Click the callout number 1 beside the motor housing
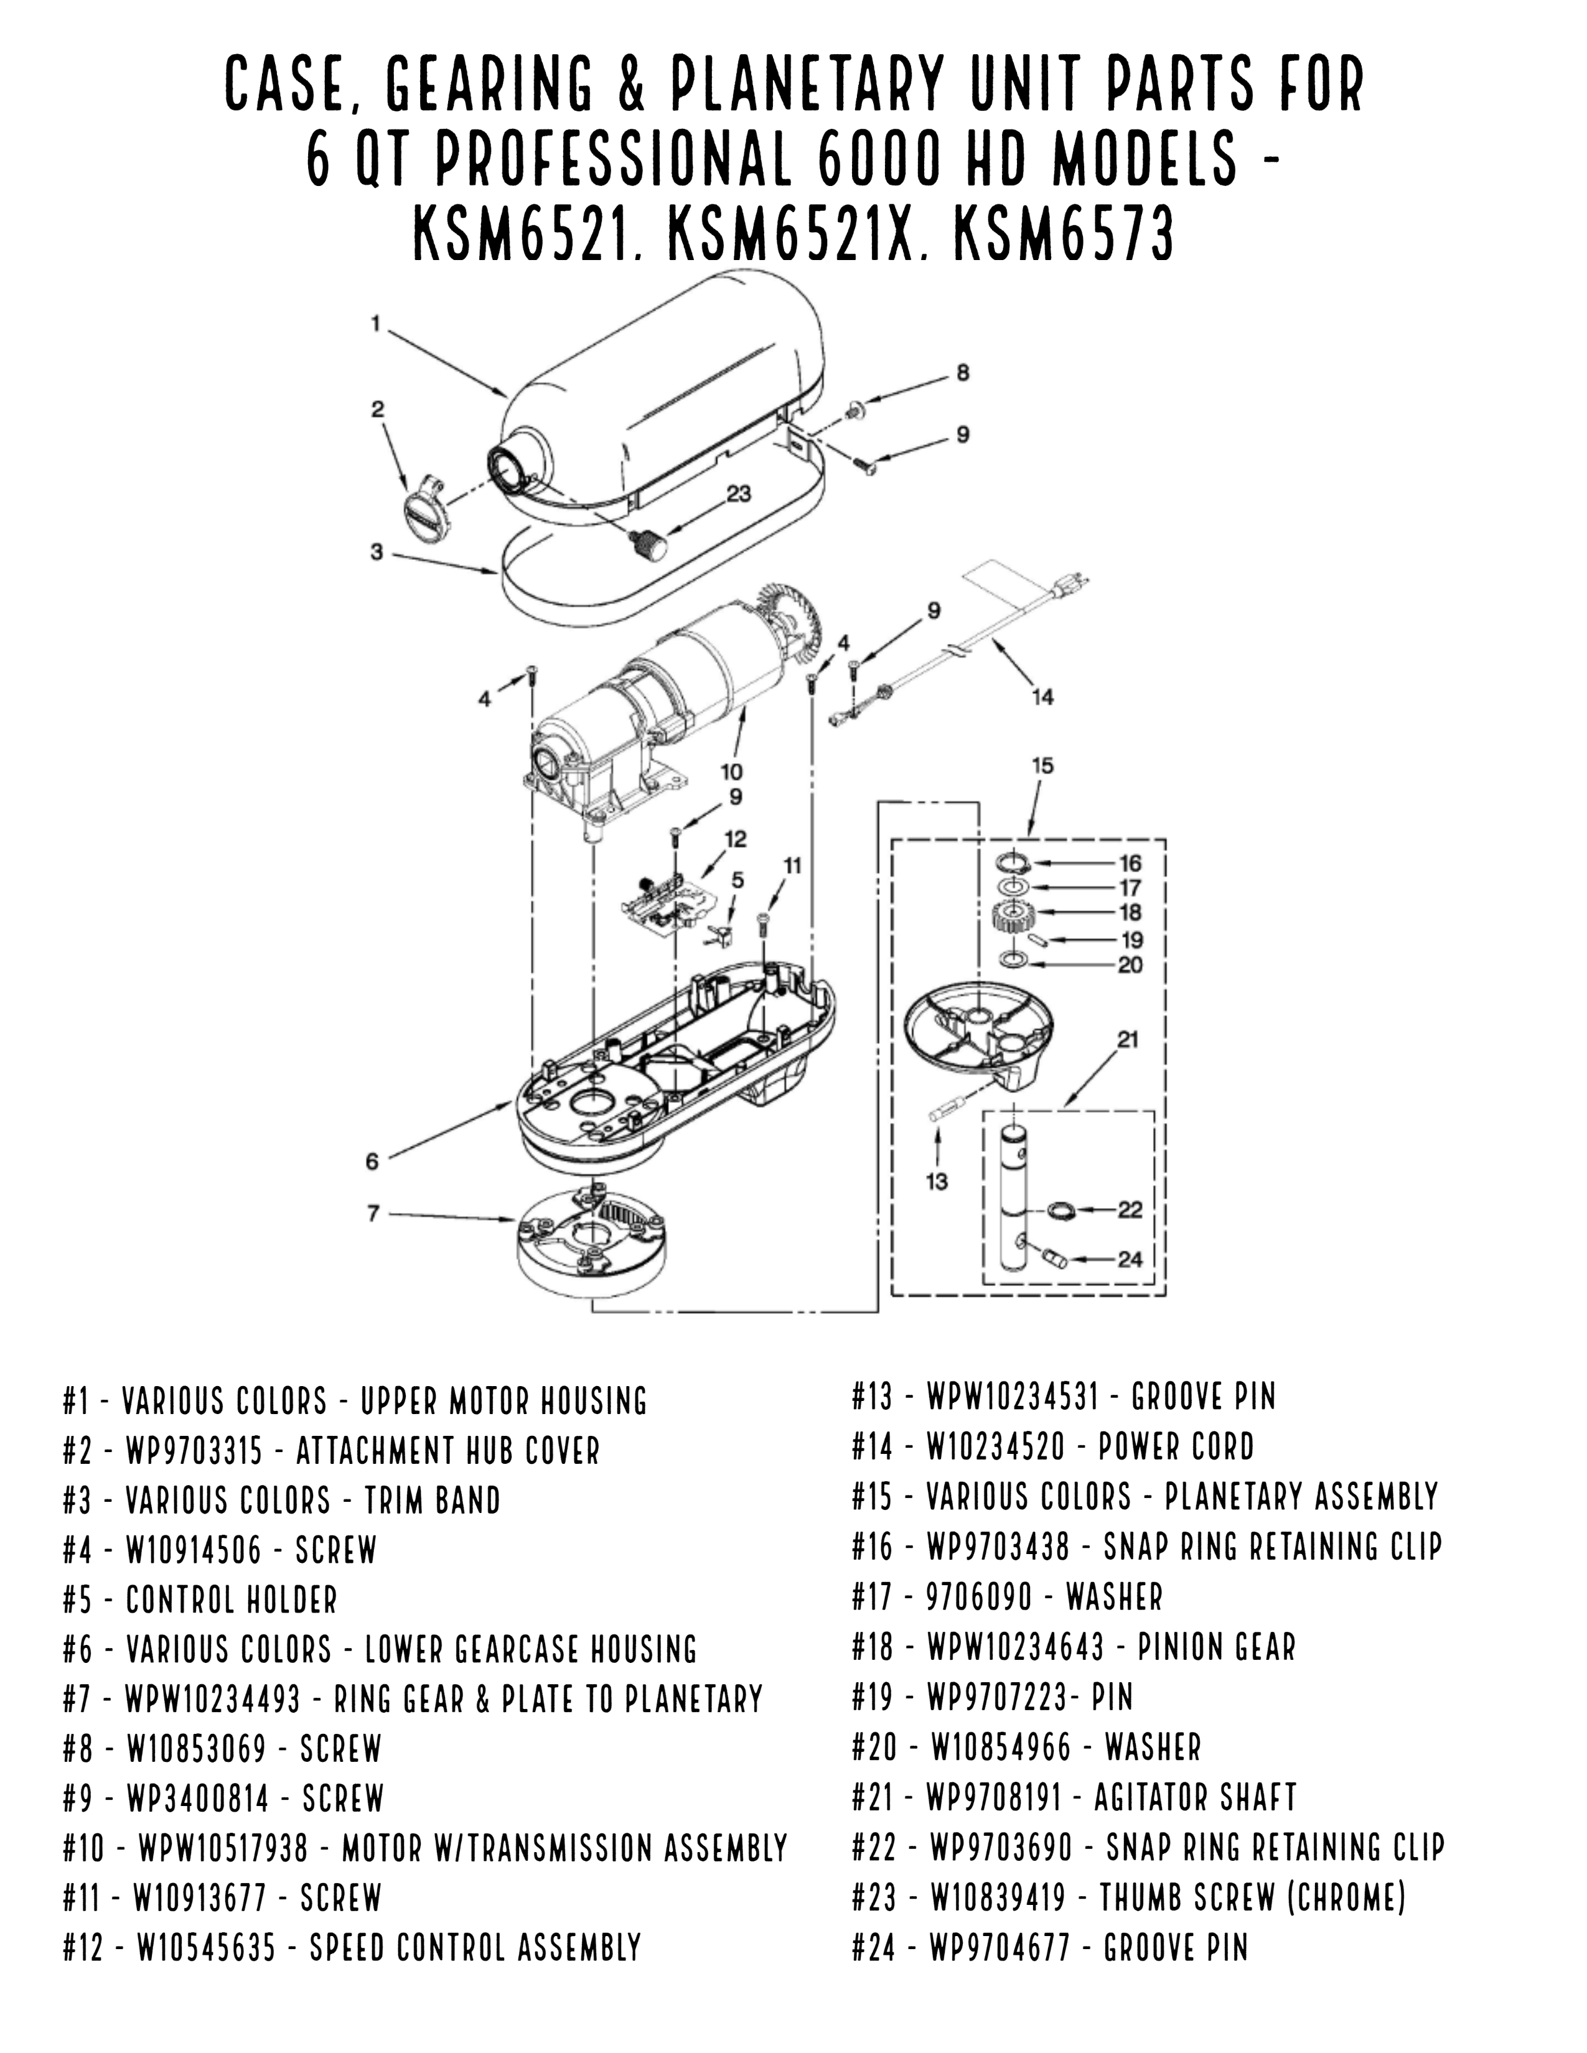tap(376, 324)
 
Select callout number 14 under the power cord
tap(1042, 697)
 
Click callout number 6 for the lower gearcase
tap(372, 1162)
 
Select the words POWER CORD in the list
tap(1176, 1446)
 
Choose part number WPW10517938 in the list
tap(224, 1848)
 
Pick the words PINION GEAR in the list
tap(1217, 1647)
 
